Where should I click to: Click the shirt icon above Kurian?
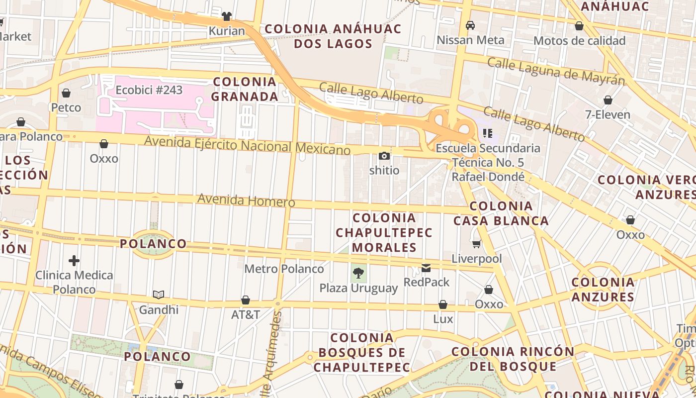(x=227, y=16)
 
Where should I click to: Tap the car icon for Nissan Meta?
(x=470, y=25)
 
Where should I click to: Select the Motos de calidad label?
(x=579, y=41)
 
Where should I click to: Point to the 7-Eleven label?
(x=608, y=115)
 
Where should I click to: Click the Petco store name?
(x=66, y=107)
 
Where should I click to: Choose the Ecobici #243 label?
(x=149, y=90)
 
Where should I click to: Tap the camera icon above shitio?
(x=384, y=156)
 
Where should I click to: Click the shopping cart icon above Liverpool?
(x=477, y=244)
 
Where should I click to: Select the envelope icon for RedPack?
(x=426, y=268)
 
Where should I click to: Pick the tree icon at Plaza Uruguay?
(x=358, y=273)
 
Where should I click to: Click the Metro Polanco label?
(x=284, y=269)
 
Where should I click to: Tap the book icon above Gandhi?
(x=158, y=295)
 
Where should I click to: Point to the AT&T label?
(x=246, y=315)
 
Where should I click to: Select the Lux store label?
(x=443, y=319)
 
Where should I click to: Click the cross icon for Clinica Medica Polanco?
(x=74, y=260)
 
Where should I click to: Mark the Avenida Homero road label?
(x=246, y=201)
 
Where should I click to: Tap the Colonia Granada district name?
(x=245, y=89)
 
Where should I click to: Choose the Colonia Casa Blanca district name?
(x=501, y=213)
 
